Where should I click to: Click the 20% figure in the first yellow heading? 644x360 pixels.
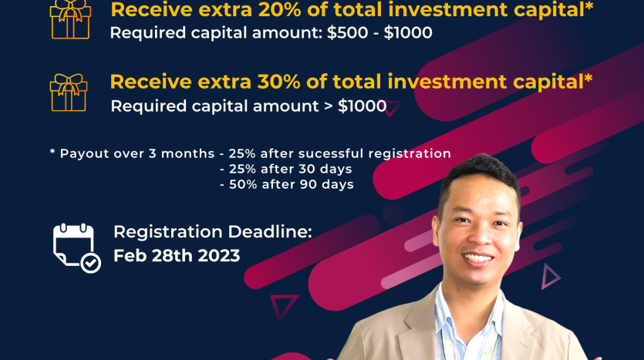(x=280, y=10)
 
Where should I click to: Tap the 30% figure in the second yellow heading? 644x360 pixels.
(x=279, y=82)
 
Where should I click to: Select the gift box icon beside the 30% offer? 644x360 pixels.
(x=69, y=93)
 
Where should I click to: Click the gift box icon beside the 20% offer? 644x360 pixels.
(x=70, y=20)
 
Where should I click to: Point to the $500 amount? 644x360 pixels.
(x=348, y=33)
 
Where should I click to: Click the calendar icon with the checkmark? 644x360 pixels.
(x=77, y=248)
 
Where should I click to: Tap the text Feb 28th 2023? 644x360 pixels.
(x=177, y=256)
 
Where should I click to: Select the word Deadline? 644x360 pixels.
(x=270, y=232)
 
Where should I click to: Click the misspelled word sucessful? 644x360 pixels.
(x=331, y=153)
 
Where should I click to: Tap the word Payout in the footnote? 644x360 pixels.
(x=85, y=154)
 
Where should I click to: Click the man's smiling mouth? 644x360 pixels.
(x=477, y=258)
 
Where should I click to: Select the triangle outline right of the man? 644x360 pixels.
(x=550, y=276)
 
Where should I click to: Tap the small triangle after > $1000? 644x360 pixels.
(x=393, y=108)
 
